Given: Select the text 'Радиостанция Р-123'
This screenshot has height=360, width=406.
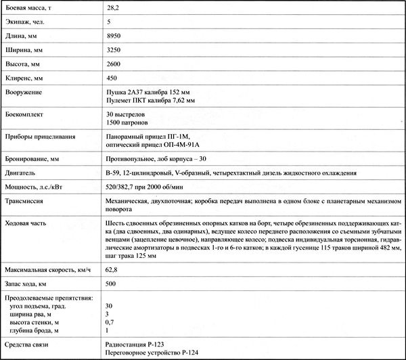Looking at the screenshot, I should click(x=137, y=344).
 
